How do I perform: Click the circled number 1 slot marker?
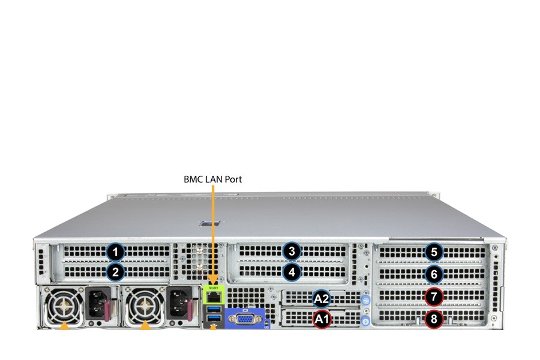tap(115, 252)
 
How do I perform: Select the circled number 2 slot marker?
tap(115, 272)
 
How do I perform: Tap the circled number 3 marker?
tap(292, 251)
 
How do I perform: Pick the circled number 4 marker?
tap(292, 272)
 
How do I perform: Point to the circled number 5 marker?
tap(434, 252)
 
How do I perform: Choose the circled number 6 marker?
tap(434, 274)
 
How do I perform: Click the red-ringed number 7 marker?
tap(434, 296)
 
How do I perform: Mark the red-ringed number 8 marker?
tap(434, 319)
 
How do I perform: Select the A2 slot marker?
tap(322, 299)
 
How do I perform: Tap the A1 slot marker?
tap(322, 319)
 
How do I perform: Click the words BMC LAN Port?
tap(213, 179)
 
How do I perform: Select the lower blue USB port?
tap(214, 317)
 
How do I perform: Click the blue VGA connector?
tap(245, 319)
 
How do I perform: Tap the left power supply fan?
tap(64, 305)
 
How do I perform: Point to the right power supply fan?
tap(145, 305)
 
